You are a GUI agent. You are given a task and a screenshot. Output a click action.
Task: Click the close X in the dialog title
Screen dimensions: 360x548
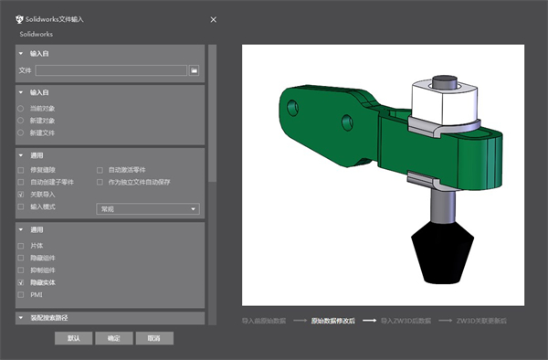(x=214, y=18)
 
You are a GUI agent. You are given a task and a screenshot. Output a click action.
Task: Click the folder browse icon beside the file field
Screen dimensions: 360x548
(x=194, y=69)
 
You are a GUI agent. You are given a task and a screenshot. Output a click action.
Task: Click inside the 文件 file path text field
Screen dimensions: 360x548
(x=111, y=69)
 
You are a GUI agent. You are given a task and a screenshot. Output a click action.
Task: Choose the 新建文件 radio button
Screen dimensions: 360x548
(x=21, y=132)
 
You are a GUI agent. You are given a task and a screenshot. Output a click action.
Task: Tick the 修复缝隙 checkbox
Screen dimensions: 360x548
(x=21, y=170)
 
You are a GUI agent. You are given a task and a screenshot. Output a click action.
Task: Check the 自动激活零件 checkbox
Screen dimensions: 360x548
(x=100, y=170)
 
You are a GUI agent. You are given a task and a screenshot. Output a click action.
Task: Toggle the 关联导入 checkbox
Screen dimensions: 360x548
(x=21, y=195)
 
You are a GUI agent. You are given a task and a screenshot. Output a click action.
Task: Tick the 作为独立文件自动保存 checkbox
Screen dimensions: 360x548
(x=100, y=182)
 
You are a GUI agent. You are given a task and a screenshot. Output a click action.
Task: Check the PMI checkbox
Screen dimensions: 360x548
(x=21, y=295)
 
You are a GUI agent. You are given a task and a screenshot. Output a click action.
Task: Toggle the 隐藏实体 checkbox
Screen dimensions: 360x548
(x=21, y=283)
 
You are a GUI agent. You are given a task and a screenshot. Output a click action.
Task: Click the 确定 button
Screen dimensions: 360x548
(x=114, y=338)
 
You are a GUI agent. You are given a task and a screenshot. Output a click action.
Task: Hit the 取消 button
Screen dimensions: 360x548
(x=153, y=338)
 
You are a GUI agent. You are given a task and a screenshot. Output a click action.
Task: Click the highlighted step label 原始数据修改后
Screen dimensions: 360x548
(x=331, y=321)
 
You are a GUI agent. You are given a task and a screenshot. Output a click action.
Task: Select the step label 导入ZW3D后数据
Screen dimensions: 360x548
(x=405, y=321)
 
